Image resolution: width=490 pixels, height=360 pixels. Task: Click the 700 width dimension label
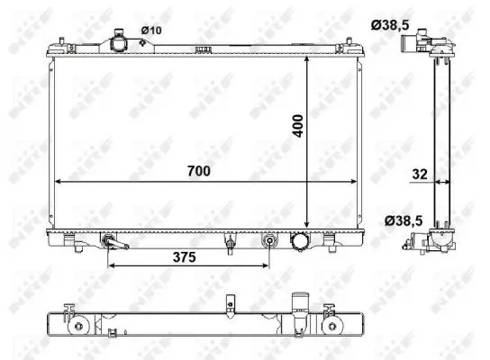[x=199, y=171]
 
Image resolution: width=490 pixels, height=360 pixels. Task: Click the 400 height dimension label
[x=298, y=126]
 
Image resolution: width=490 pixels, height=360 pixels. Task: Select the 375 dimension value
[x=185, y=257]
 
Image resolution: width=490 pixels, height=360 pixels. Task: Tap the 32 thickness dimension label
[x=420, y=175]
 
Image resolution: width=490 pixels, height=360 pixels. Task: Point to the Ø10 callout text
[x=151, y=31]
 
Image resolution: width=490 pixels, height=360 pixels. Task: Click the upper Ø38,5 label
[x=390, y=25]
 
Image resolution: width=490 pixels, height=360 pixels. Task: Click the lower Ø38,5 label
[x=404, y=221]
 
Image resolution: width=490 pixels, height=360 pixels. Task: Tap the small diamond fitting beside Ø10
[x=142, y=42]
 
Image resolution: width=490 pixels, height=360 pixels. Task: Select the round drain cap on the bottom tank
[x=300, y=241]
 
